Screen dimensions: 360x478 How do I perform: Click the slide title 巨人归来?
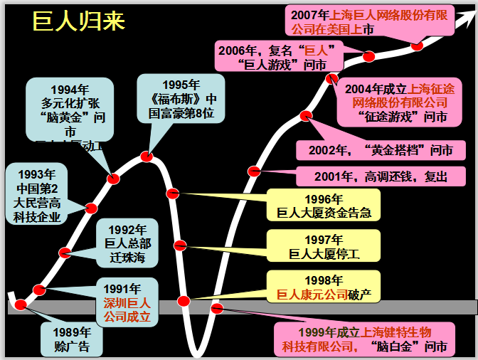[79, 21]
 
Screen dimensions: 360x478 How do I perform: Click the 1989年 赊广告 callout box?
[72, 339]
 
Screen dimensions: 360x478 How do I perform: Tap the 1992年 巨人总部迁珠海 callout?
[128, 243]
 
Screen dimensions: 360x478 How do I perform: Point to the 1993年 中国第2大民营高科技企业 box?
[37, 196]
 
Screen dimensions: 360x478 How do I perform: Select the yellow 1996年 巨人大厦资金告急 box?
[324, 206]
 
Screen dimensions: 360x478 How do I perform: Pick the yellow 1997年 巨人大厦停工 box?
[324, 245]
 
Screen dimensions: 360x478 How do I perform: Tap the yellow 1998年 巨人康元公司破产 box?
[324, 286]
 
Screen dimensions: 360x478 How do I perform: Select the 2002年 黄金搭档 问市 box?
[380, 150]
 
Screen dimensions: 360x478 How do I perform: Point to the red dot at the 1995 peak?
[147, 157]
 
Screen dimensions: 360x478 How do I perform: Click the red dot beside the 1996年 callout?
[172, 193]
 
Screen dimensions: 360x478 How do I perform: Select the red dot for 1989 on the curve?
[21, 305]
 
